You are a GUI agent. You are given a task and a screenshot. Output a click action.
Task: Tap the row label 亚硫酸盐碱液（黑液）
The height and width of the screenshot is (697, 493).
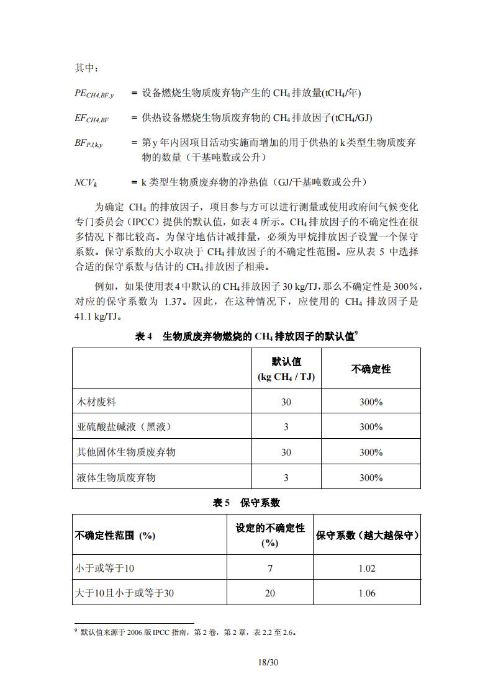coord(123,427)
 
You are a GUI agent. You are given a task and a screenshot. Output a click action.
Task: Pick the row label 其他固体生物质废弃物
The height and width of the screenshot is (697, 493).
coord(125,452)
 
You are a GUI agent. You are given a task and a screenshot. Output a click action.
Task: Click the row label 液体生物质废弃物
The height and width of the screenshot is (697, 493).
coord(115,477)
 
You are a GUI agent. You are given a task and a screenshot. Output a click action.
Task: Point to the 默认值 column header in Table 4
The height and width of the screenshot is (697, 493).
coord(286,369)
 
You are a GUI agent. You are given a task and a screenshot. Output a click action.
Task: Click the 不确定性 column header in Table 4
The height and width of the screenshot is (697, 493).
coord(371,369)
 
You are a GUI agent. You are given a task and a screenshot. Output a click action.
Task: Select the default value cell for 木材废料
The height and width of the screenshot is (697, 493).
coord(286,402)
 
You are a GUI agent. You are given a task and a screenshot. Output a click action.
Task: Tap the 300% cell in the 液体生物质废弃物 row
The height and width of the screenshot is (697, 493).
coord(371,477)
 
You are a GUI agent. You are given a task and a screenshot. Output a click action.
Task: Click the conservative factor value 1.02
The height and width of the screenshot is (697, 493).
coord(366,568)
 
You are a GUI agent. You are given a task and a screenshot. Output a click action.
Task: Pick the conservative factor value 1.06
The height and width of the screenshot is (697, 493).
coord(366,593)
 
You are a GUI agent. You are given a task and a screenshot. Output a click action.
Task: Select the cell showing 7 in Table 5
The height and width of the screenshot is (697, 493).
coord(269,568)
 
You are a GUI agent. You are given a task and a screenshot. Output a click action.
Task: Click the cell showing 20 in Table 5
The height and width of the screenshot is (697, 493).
coord(269,593)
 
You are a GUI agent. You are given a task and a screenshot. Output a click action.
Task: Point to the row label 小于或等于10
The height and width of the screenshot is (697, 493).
coord(104,568)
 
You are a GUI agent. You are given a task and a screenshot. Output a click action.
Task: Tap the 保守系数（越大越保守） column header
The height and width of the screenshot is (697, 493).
coord(366,534)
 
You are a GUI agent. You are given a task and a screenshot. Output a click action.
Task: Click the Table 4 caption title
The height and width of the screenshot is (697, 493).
coord(246,336)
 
